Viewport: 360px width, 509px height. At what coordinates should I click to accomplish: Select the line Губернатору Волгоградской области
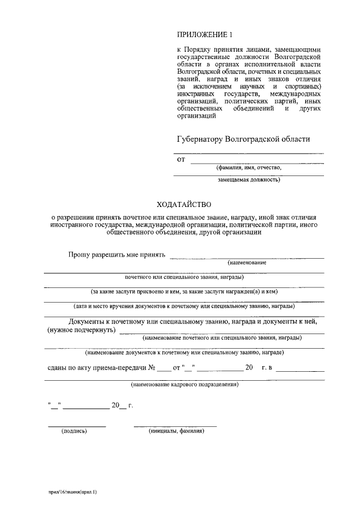point(243,139)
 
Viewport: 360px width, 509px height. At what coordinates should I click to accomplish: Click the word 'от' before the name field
point(181,159)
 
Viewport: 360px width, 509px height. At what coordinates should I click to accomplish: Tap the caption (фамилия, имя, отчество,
point(249,168)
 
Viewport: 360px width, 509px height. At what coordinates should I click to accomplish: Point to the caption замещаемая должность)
point(249,181)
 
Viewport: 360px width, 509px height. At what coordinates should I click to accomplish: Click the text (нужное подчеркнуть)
point(81,330)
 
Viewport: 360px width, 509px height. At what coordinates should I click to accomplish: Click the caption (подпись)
point(74,431)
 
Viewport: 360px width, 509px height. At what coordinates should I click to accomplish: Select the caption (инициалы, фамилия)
point(176,431)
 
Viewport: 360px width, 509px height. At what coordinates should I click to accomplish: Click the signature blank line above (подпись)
point(76,426)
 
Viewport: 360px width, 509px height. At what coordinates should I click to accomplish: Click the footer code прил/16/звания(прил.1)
point(73,492)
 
